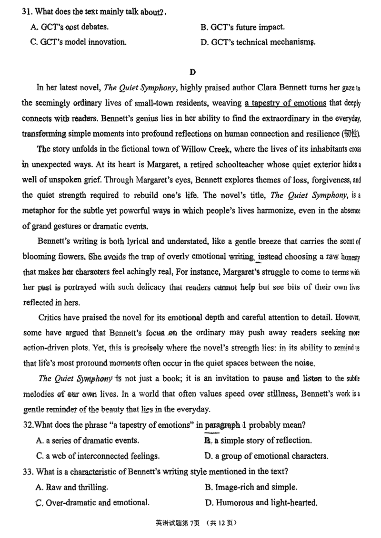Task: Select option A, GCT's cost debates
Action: (x=69, y=27)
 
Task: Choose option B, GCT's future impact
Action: (x=243, y=27)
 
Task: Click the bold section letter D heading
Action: (x=192, y=72)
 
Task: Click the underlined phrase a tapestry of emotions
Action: (x=285, y=103)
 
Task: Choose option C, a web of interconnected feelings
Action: (x=98, y=456)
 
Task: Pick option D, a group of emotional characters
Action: (x=266, y=456)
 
